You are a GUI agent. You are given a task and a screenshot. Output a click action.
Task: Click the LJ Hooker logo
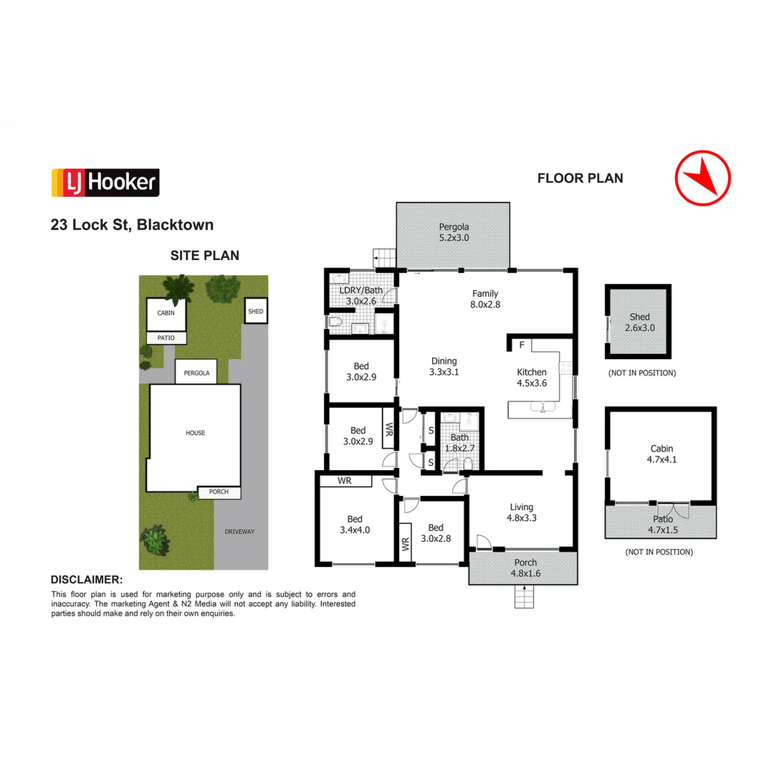click(105, 183)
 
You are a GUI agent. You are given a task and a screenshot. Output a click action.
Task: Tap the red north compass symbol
click(702, 178)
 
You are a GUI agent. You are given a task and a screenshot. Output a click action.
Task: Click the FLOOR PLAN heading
click(580, 178)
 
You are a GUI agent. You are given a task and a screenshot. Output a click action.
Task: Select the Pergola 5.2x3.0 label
click(454, 233)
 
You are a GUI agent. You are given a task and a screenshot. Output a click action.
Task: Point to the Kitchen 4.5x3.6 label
click(532, 378)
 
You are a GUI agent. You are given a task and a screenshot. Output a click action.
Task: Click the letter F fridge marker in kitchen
click(522, 345)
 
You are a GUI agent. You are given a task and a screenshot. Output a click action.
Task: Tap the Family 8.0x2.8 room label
click(484, 299)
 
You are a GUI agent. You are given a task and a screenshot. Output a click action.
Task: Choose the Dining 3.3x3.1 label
click(443, 367)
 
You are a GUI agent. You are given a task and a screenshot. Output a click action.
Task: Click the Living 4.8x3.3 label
click(521, 512)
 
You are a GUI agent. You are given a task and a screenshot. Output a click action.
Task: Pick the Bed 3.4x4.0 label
click(355, 525)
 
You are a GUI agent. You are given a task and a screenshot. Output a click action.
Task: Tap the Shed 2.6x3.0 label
click(639, 322)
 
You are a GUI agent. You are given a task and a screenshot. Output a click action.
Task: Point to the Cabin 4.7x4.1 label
click(663, 454)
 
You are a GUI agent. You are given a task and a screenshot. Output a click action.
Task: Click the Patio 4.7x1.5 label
click(663, 525)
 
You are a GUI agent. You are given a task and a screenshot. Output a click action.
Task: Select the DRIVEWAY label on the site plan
click(239, 532)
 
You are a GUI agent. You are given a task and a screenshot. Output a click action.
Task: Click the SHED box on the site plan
click(256, 312)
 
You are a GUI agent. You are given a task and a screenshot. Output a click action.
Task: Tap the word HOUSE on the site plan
click(195, 433)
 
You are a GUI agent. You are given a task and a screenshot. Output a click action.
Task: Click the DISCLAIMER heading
click(87, 580)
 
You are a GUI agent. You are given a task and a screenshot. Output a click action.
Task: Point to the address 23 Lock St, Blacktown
click(132, 225)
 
